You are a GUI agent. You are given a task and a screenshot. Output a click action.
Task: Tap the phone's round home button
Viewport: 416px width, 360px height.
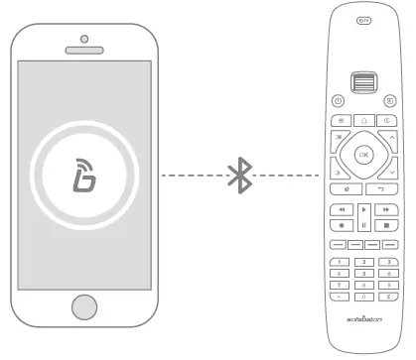[84, 304]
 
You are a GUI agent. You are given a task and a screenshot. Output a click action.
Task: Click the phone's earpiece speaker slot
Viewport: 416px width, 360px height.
[84, 50]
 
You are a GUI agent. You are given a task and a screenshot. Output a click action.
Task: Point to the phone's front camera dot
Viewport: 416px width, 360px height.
[84, 38]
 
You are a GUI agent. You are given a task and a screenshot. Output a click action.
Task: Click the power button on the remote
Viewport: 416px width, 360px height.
[339, 100]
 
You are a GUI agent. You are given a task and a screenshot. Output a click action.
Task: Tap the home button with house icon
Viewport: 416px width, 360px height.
[363, 118]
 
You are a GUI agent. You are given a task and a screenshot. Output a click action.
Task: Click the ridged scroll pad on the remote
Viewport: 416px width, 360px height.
[363, 81]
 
